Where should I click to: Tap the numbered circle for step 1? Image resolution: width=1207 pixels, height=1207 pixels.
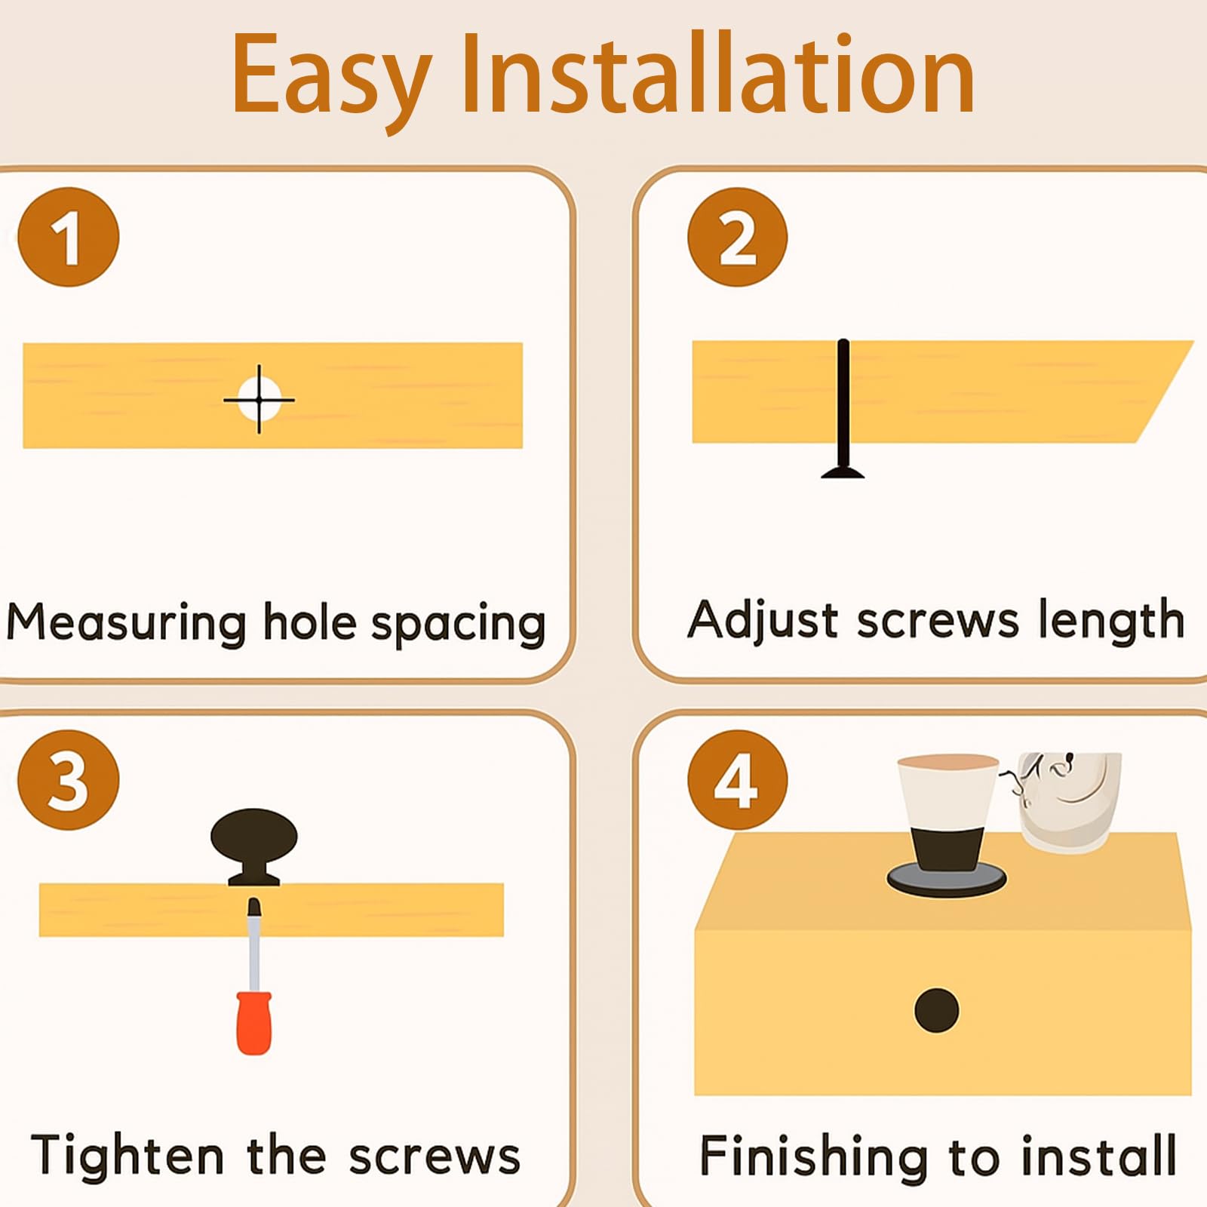pos(68,237)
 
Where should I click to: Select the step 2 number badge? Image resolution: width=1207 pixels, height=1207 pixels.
pos(737,237)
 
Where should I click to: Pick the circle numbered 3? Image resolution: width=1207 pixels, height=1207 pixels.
pos(68,779)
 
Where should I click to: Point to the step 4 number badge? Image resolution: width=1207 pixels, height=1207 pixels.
pos(737,780)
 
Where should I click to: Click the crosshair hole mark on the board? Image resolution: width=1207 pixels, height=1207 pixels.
pos(259,399)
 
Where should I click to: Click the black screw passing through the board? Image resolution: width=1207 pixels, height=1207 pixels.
pos(843,410)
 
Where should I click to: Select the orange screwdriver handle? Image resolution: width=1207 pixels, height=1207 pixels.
pos(253,1023)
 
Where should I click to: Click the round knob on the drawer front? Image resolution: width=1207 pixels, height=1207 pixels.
pos(936,1010)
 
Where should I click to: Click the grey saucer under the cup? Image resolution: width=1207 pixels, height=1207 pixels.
pos(947,879)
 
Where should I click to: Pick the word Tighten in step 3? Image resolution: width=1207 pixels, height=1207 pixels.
pos(127,1155)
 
